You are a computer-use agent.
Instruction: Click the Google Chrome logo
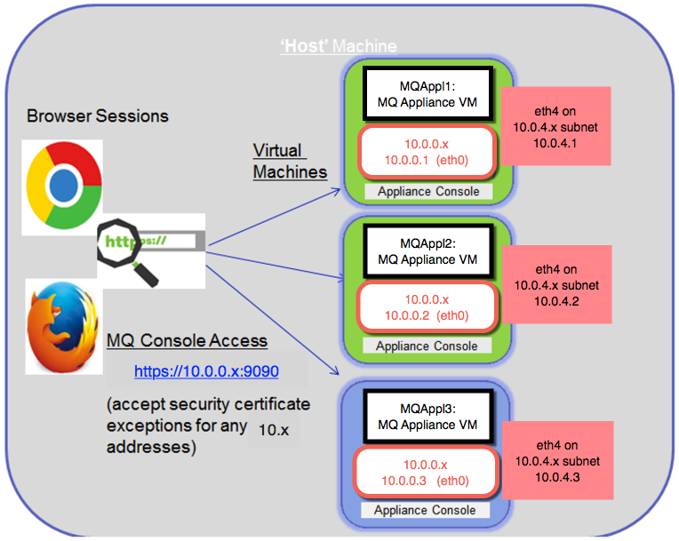coord(64,186)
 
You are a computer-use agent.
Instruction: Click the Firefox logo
coord(63,327)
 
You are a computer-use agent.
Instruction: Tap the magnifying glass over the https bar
coord(126,252)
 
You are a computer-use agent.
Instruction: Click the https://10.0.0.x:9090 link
coord(206,371)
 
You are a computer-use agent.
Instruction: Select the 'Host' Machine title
coord(339,46)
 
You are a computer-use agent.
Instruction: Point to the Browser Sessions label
coord(98,116)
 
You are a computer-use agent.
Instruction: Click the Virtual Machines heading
coord(290,162)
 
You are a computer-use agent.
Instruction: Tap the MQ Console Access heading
coord(187,340)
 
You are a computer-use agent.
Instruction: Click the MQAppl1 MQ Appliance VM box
coord(427,94)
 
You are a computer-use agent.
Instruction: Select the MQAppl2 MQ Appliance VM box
coord(427,251)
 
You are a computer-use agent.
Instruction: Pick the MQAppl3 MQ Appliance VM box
coord(427,417)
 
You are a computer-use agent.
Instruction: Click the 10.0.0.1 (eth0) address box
coord(427,152)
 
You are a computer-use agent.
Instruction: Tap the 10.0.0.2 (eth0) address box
coord(427,307)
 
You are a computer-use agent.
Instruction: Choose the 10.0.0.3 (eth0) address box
coord(426,473)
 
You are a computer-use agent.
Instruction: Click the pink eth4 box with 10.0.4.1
coord(555,126)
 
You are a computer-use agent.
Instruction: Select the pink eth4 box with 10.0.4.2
coord(557,285)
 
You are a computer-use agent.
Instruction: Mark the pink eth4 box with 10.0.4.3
coord(558,460)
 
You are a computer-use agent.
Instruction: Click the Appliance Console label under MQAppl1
coord(428,191)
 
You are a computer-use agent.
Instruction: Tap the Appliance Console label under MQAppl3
coord(425,510)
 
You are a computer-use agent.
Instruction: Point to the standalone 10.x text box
coord(274,430)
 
